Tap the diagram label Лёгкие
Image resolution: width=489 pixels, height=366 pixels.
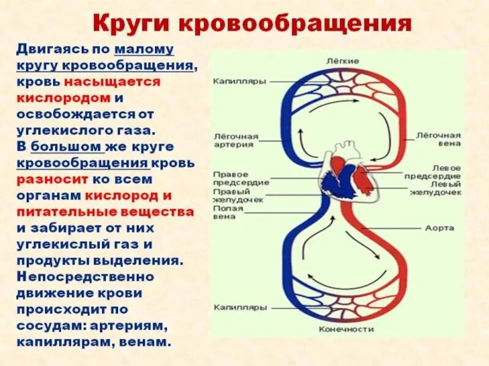tap(342, 61)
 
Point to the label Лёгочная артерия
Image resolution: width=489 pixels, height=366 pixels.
tap(235, 140)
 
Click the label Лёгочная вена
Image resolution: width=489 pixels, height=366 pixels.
tap(438, 138)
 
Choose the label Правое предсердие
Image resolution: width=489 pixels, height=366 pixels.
tap(241, 178)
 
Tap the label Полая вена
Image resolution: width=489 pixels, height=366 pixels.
tap(229, 212)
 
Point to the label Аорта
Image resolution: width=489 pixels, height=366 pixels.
tap(439, 228)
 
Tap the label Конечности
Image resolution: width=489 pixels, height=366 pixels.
tap(346, 329)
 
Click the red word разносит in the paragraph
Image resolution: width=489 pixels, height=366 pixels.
tap(53, 180)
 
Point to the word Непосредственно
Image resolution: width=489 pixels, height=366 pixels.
tap(85, 276)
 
